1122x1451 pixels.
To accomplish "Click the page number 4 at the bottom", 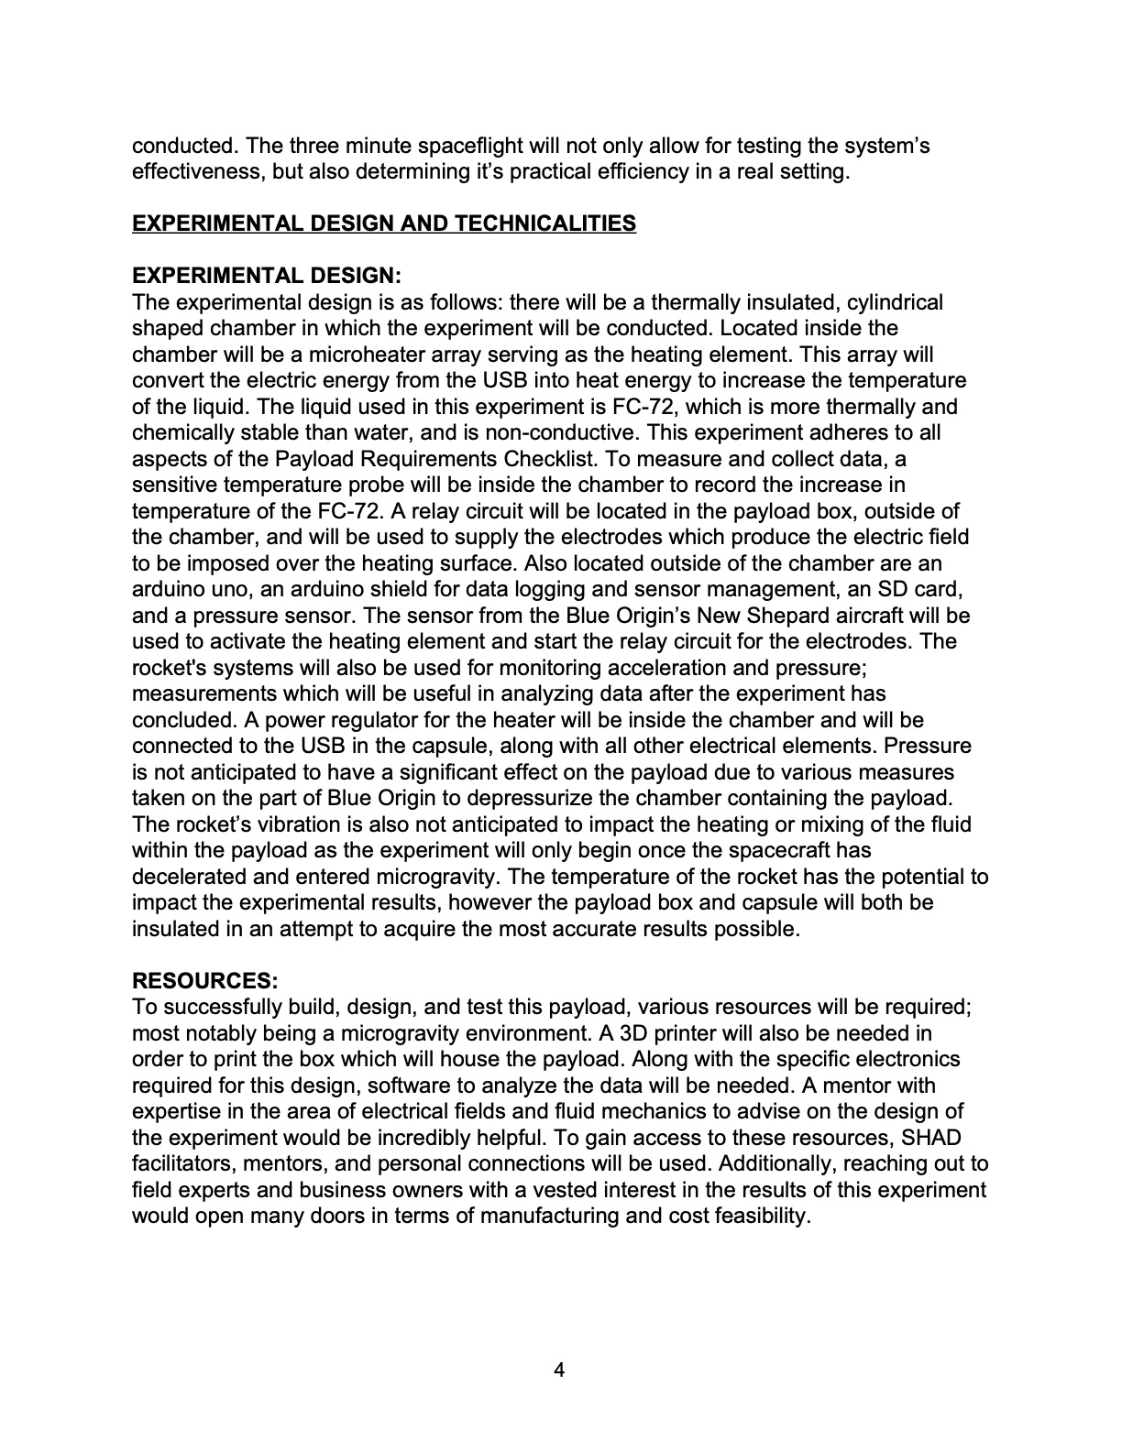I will point(560,1370).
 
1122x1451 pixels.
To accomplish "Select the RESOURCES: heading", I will point(205,981).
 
